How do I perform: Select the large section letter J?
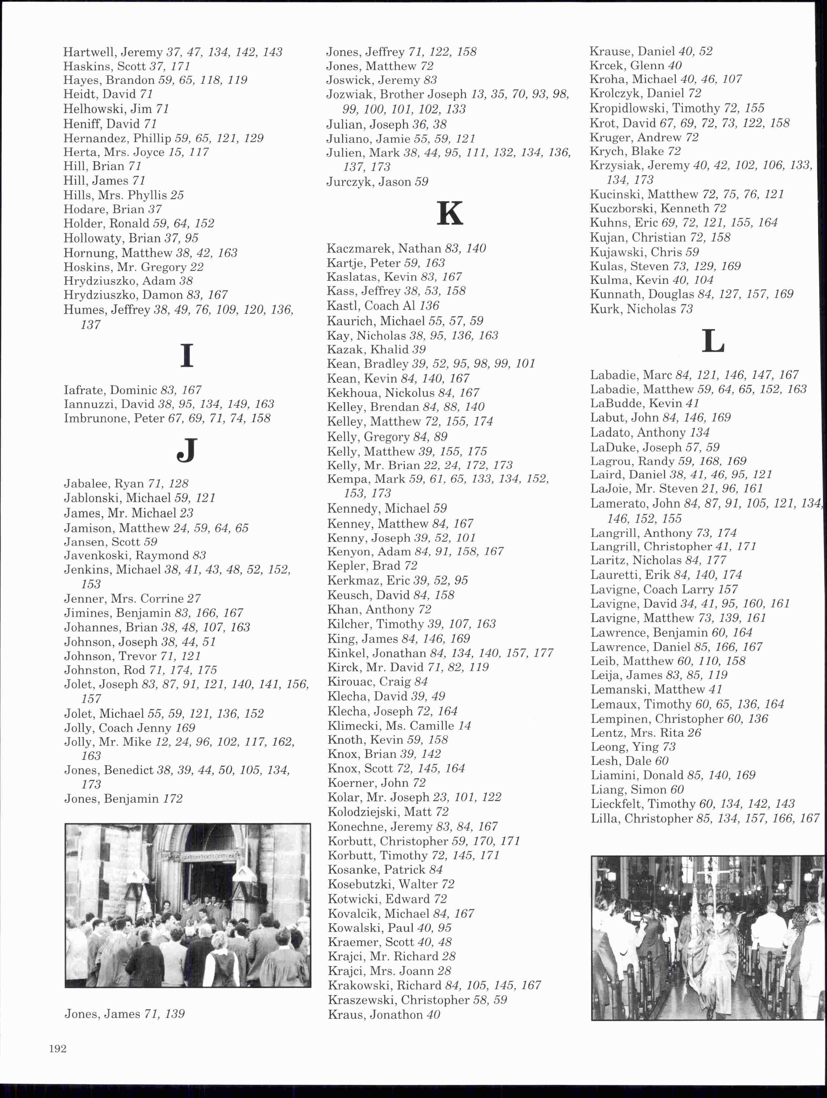[186, 451]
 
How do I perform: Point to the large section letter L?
[713, 341]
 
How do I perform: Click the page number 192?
[58, 1048]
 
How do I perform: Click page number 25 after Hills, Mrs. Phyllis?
[177, 195]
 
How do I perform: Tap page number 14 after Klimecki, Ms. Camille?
[464, 725]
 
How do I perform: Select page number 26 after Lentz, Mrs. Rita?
[694, 733]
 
